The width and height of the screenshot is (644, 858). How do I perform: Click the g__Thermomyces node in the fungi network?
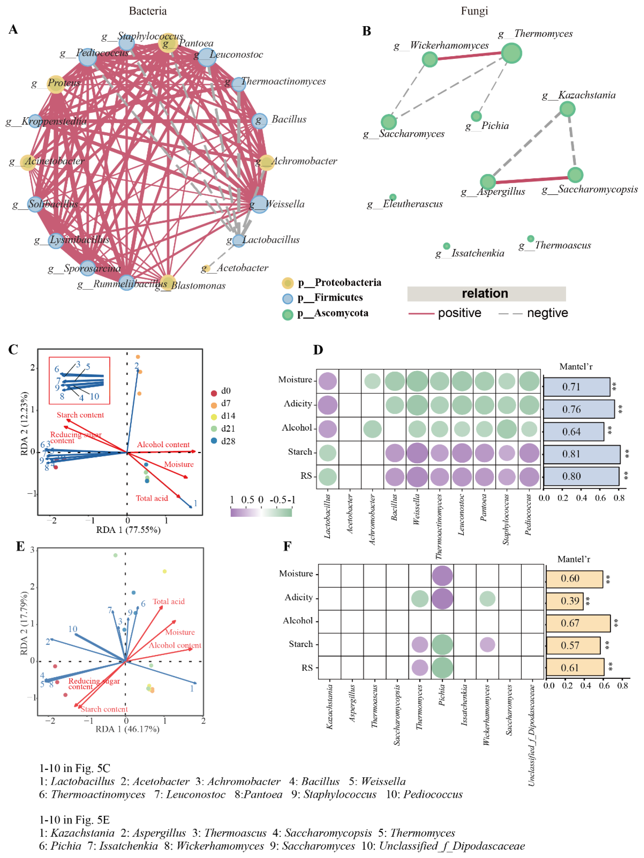(x=511, y=53)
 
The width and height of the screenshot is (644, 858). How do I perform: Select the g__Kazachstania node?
(x=567, y=109)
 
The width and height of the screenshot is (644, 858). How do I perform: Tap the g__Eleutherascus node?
(x=393, y=197)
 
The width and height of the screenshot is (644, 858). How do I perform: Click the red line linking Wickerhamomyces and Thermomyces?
(x=470, y=56)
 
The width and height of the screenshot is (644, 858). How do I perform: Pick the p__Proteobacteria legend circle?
(x=287, y=283)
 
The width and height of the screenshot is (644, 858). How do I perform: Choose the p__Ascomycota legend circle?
(x=287, y=314)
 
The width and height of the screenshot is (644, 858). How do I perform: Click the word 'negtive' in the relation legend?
(x=547, y=313)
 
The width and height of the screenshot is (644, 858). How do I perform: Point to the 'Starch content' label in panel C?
(x=80, y=415)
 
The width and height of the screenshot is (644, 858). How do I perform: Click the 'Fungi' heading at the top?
(x=474, y=11)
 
